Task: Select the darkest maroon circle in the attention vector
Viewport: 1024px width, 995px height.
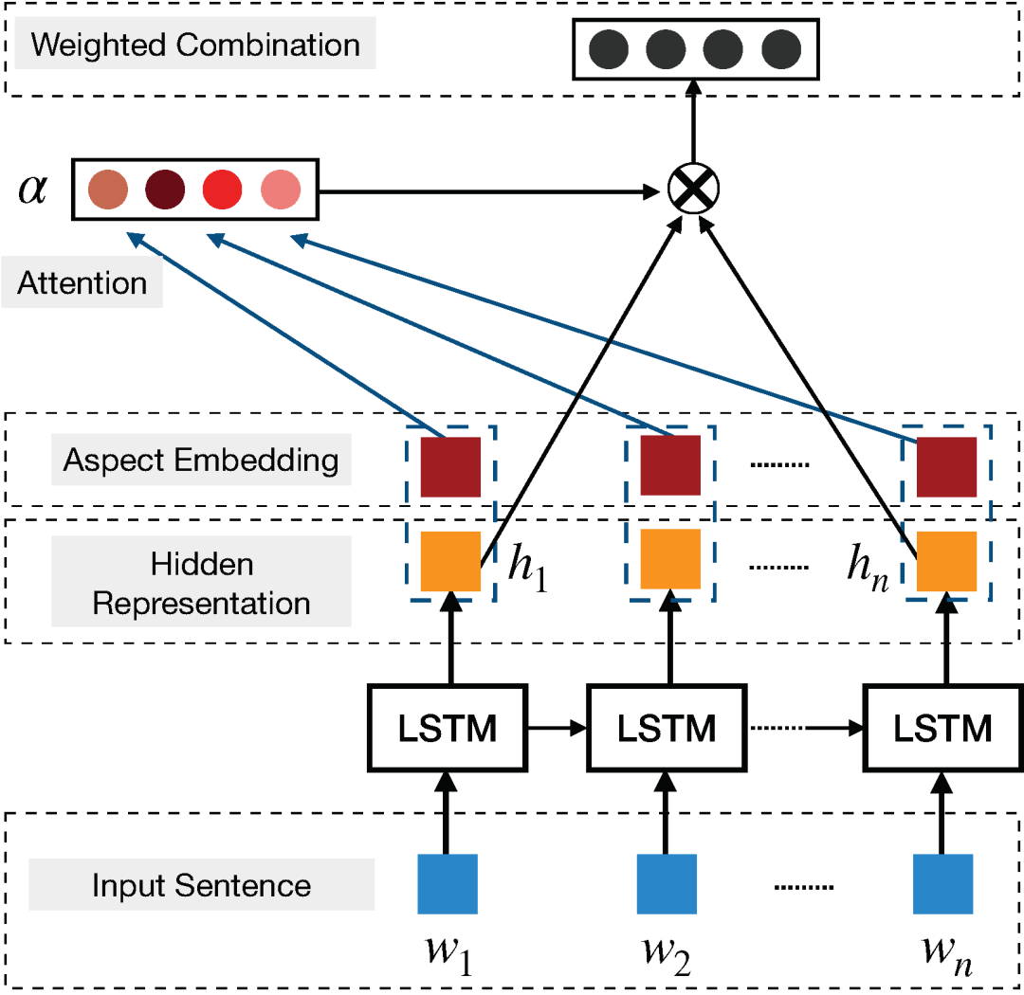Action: [x=165, y=190]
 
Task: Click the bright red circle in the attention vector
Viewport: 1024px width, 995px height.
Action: [x=223, y=190]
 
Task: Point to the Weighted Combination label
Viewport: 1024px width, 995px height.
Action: [x=195, y=45]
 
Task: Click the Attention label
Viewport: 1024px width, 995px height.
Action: [x=82, y=283]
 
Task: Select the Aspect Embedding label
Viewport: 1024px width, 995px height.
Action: [x=201, y=461]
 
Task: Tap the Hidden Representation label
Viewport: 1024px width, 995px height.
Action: [x=201, y=584]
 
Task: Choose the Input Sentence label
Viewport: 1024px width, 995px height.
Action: [x=201, y=886]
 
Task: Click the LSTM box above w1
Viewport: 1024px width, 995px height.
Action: [x=445, y=730]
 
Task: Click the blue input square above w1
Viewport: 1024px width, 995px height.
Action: [x=448, y=883]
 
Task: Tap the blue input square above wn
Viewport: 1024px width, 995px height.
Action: [x=943, y=883]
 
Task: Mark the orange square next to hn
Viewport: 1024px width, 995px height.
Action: [x=946, y=561]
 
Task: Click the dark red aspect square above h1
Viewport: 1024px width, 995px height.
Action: [x=450, y=466]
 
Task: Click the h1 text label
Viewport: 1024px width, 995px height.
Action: [x=527, y=569]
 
